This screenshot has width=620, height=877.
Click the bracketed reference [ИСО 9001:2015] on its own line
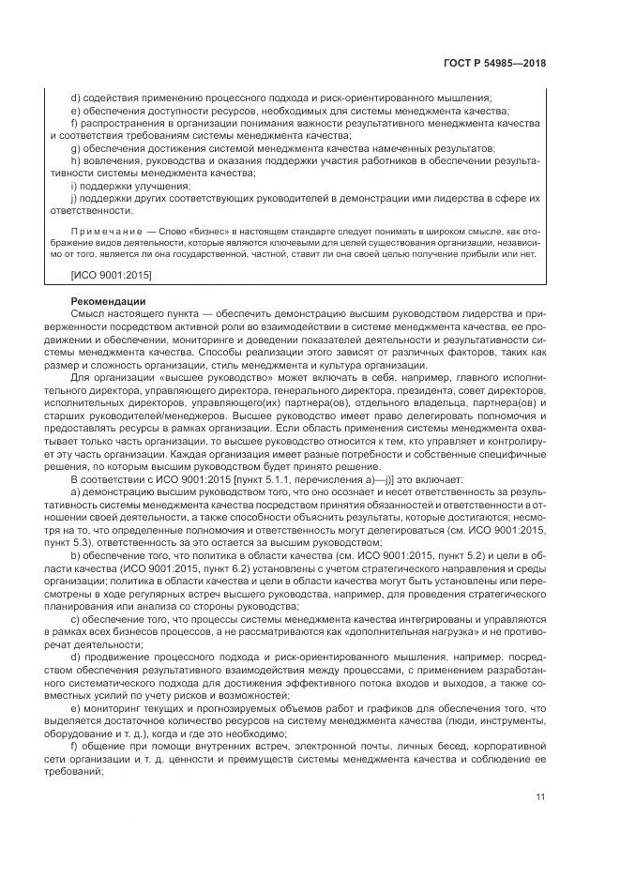[112, 274]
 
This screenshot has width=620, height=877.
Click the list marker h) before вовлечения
[74, 161]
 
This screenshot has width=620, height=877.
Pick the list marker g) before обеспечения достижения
[74, 149]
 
